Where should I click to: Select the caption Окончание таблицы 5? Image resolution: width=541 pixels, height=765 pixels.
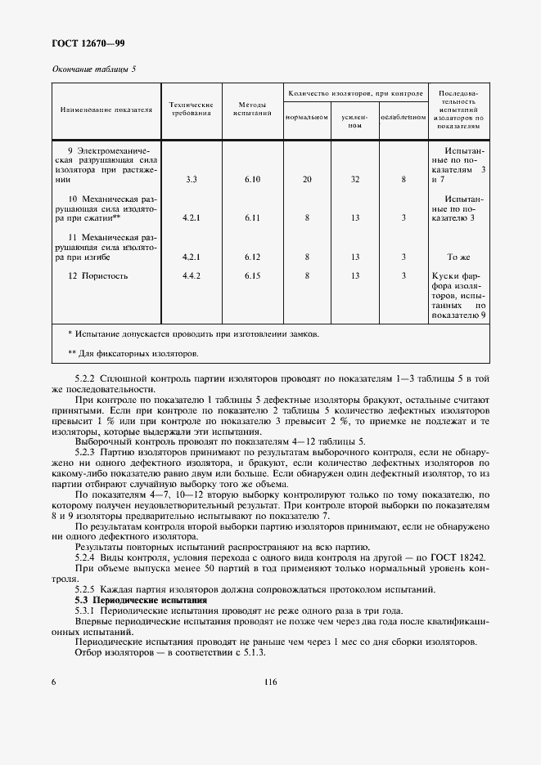[94, 69]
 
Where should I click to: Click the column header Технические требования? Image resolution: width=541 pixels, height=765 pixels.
[191, 110]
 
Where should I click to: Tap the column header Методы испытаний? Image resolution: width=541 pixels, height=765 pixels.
[252, 110]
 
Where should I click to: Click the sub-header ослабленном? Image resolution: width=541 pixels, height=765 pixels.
[403, 117]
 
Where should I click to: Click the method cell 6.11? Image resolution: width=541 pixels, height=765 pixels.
[252, 218]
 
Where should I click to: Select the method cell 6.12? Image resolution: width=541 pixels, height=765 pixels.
[252, 257]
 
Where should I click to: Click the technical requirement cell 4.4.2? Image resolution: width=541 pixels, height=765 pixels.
[191, 276]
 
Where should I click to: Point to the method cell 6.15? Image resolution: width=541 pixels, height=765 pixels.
[252, 276]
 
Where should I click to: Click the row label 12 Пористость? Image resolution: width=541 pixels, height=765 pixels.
[98, 276]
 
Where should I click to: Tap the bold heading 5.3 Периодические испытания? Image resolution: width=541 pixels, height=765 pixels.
[141, 600]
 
